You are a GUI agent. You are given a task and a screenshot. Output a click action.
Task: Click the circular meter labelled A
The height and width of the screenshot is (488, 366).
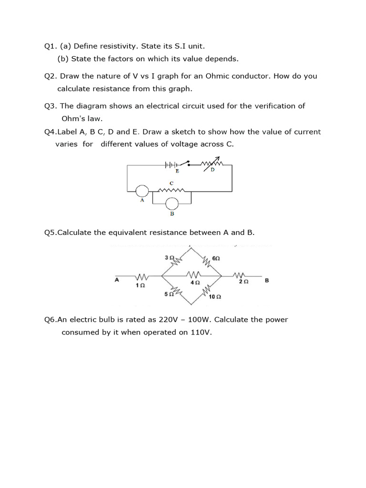point(142,191)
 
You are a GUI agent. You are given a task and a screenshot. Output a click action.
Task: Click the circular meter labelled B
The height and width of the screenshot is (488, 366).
point(172,204)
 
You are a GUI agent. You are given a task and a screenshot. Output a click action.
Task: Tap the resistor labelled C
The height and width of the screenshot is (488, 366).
point(171,191)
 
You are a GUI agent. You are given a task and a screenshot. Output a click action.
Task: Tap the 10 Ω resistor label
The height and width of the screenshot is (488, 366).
point(214,297)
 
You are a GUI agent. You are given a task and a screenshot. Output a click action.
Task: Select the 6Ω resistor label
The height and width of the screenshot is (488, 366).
point(215,258)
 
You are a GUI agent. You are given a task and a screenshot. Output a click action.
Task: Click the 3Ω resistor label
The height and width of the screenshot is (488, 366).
point(168,257)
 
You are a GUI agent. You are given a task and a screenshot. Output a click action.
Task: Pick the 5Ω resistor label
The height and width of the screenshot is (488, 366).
point(168,294)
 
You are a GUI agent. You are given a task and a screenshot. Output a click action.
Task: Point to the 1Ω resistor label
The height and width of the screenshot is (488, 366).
point(140,285)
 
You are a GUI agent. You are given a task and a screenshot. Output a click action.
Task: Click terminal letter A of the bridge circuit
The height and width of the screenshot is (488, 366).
point(117,280)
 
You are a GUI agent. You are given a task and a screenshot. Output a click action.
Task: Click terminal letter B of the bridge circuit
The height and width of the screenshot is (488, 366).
point(266,281)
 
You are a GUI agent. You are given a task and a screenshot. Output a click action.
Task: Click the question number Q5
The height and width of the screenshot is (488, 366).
point(50,233)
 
